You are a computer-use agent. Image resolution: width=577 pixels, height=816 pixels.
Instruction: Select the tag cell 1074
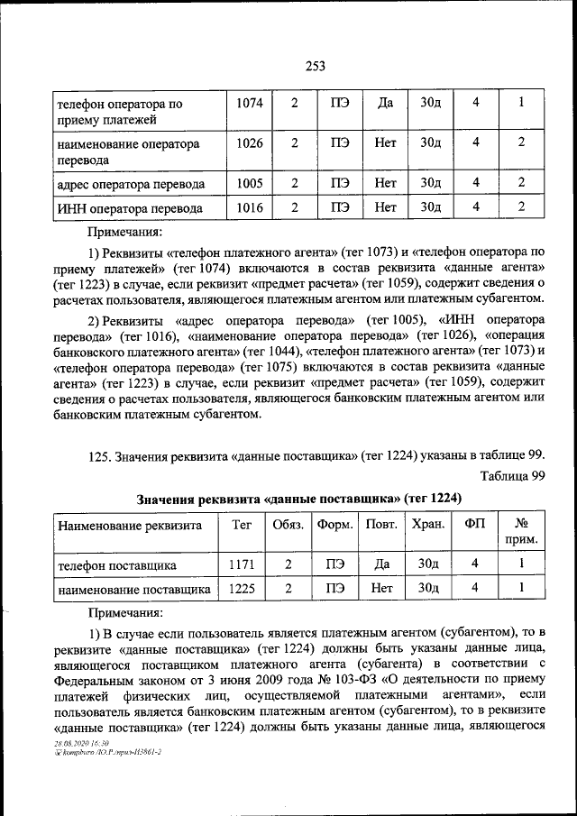[x=249, y=103]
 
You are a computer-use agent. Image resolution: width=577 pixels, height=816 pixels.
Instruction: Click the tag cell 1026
[x=249, y=142]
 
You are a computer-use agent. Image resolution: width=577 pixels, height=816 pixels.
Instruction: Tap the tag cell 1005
[x=249, y=183]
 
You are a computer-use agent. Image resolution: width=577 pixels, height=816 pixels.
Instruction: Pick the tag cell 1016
[x=249, y=207]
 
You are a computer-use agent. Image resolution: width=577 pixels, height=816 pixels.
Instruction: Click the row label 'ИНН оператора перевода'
[x=129, y=208]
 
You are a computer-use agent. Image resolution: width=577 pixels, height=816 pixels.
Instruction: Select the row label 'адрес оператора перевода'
[x=131, y=184]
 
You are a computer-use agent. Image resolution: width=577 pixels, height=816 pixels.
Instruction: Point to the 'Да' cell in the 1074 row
[x=385, y=103]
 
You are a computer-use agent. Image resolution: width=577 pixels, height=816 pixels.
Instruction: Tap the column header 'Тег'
[x=242, y=524]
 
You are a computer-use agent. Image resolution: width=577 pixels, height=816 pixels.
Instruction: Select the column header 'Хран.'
[x=428, y=525]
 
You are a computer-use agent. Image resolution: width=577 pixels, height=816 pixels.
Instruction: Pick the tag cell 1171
[x=242, y=564]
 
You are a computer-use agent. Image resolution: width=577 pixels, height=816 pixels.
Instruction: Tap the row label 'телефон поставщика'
[x=117, y=565]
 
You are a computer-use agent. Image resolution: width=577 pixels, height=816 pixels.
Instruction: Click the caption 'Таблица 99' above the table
[x=513, y=476]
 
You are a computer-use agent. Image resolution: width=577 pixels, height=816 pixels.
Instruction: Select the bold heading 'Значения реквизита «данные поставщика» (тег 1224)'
[x=298, y=499]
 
